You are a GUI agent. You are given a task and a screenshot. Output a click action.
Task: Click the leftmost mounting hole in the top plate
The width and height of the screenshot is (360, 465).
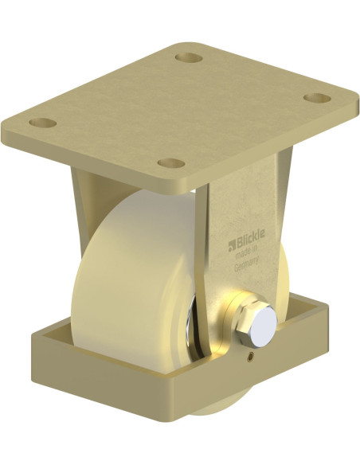pyautogui.click(x=43, y=124)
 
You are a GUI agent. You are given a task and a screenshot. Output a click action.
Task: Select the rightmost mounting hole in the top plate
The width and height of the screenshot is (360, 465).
pyautogui.click(x=318, y=98)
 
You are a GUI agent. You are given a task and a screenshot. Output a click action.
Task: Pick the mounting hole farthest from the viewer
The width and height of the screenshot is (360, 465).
pyautogui.click(x=189, y=58)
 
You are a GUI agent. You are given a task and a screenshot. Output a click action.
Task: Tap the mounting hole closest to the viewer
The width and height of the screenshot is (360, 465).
pyautogui.click(x=171, y=163)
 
